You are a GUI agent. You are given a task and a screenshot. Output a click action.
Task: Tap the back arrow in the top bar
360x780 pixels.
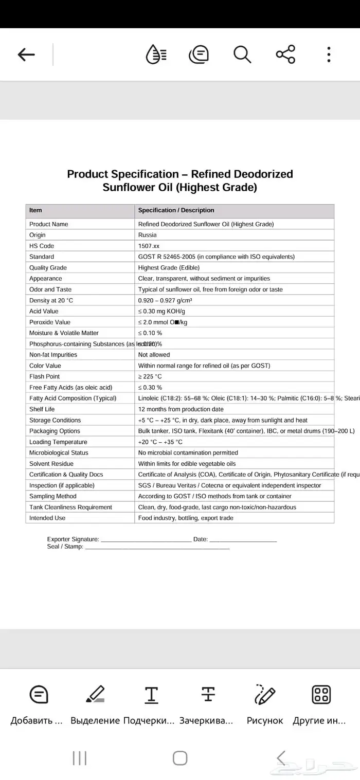(x=26, y=55)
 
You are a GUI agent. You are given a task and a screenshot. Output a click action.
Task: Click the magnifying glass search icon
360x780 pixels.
(x=242, y=54)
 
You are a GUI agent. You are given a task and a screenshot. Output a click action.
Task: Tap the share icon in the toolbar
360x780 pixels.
(x=285, y=54)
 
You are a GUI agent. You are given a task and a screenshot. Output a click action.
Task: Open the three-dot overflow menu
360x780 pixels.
(x=329, y=54)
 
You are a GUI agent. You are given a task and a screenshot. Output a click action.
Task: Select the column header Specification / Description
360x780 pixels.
(x=176, y=210)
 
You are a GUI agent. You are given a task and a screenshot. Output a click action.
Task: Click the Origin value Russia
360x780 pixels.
(x=148, y=235)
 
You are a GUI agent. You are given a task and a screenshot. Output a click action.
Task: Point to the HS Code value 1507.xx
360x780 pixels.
(x=149, y=246)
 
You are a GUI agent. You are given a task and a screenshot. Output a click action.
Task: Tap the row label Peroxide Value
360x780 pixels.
(x=50, y=322)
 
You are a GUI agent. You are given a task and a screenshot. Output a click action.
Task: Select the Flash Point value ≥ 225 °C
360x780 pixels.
(x=150, y=376)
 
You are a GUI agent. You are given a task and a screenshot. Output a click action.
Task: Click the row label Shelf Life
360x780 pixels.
(x=42, y=409)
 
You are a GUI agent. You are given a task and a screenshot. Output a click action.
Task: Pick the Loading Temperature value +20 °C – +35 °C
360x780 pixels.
(x=160, y=442)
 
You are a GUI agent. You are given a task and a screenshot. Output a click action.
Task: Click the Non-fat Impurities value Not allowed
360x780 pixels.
(x=154, y=355)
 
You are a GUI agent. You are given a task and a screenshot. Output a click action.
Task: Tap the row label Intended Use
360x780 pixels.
(x=47, y=518)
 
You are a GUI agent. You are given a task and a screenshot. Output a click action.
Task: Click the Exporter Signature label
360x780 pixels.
(x=73, y=539)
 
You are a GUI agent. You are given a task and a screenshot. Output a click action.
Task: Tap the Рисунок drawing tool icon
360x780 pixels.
(x=265, y=695)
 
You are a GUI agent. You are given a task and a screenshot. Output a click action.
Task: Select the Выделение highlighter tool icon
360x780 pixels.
(x=95, y=695)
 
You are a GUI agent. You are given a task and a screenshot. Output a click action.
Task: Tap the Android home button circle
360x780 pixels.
(x=180, y=758)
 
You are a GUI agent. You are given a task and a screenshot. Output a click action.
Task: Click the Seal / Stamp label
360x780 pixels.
(x=65, y=547)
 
